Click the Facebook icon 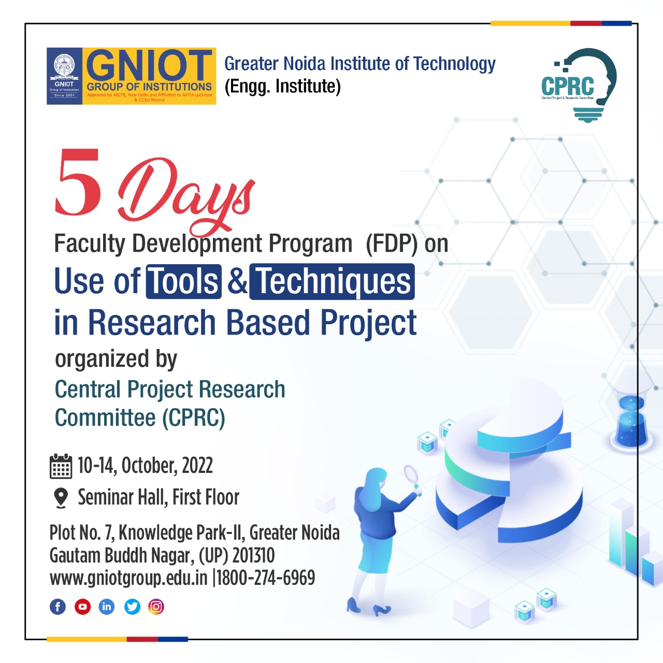tap(57, 607)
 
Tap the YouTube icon tap(82, 607)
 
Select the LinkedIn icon tap(107, 607)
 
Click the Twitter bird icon tap(132, 607)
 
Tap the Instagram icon tap(156, 607)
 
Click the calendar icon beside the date tap(61, 466)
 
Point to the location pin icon tap(61, 498)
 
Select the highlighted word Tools tap(184, 282)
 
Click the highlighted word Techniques tap(332, 282)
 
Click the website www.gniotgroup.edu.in tap(128, 578)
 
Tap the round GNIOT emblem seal tap(64, 67)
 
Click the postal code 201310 tap(253, 555)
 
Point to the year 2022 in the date tap(197, 466)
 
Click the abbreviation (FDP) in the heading tap(392, 244)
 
